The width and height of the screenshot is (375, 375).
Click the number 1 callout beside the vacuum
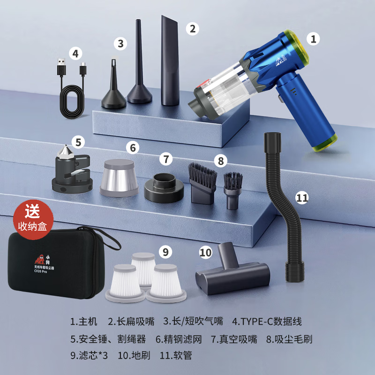coord(313,39)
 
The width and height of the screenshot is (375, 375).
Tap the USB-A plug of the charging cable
coord(61,67)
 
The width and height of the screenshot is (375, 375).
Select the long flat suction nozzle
coord(170,61)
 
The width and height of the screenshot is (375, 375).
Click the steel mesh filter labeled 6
coord(119,178)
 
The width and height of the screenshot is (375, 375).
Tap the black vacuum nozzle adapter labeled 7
coord(164,188)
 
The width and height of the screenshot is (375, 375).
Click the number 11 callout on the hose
coord(302,198)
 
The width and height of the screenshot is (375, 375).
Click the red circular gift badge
coord(33,220)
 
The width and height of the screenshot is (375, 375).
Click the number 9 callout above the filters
coord(165,252)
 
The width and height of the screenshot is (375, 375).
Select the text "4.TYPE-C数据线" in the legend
coord(267,322)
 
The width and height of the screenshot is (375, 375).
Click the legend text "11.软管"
coord(176,355)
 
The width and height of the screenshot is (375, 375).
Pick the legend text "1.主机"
coord(84,322)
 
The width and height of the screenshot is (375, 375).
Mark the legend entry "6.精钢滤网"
coord(179,339)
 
